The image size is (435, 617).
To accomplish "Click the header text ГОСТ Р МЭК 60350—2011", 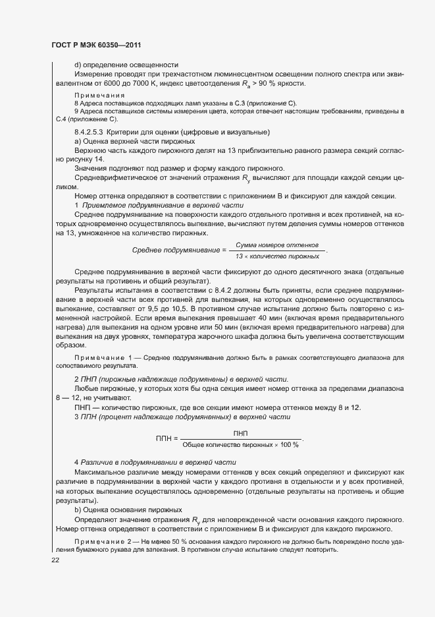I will (x=95, y=45).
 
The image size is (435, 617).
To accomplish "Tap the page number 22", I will (x=55, y=559).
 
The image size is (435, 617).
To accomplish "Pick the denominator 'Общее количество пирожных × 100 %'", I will (x=240, y=444).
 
